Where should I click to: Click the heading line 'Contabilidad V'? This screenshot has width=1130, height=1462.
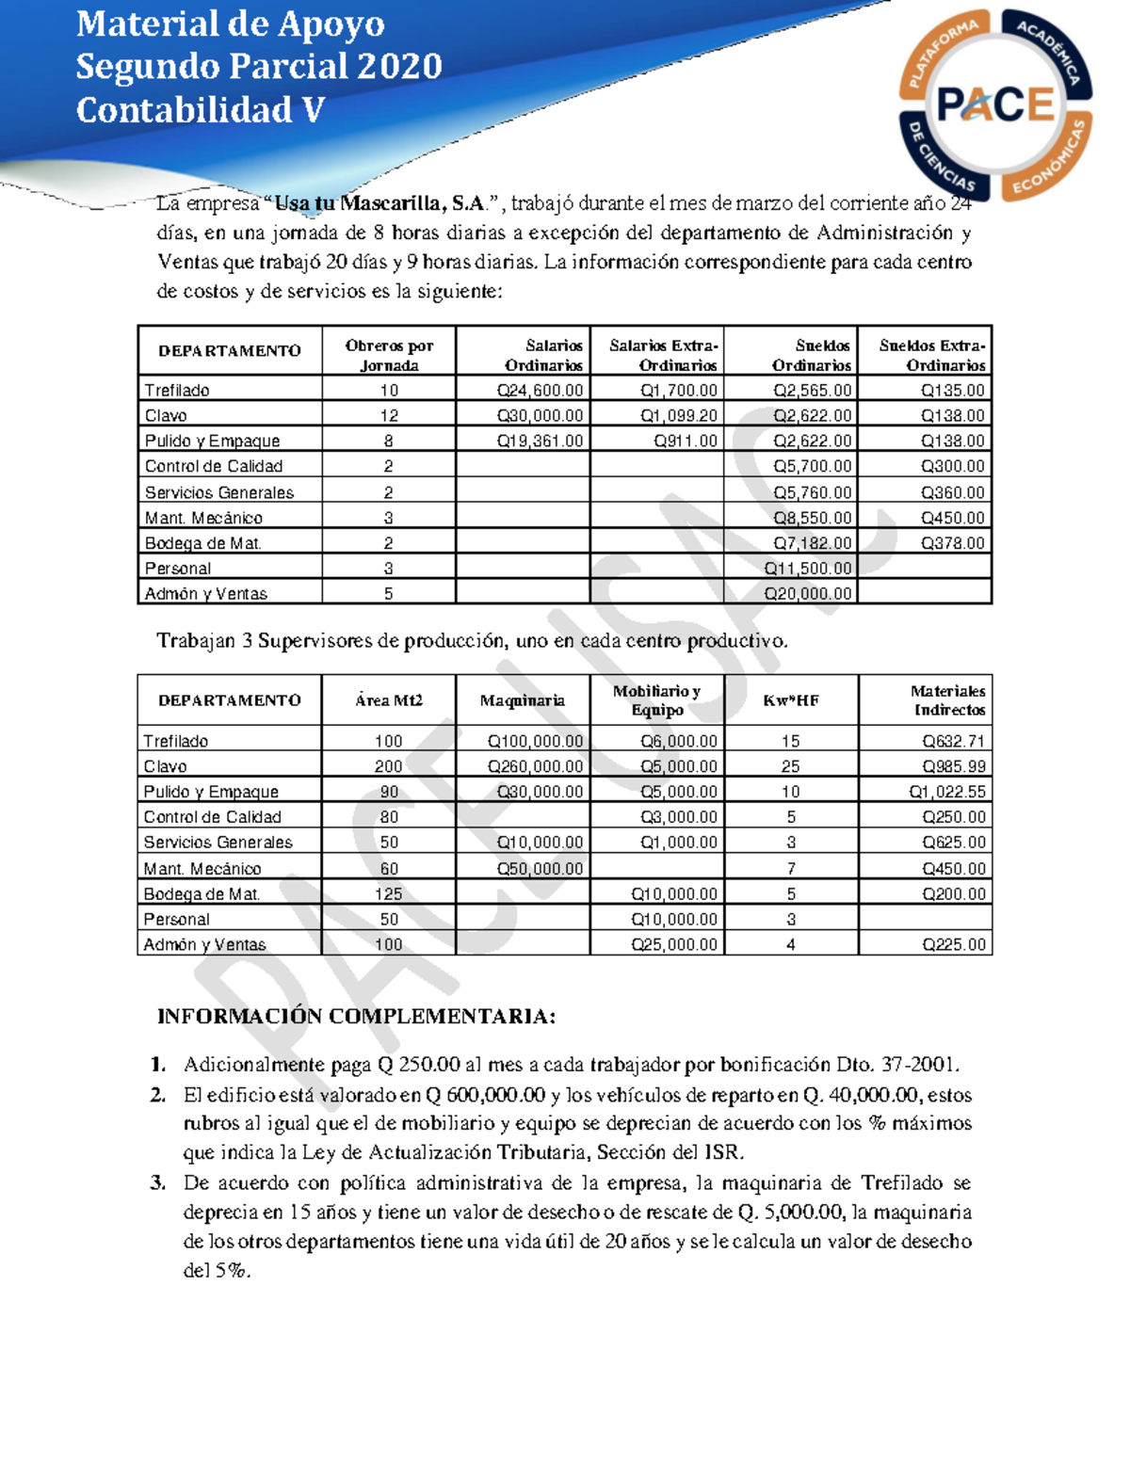point(201,110)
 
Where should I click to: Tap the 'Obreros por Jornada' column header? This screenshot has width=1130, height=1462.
point(389,355)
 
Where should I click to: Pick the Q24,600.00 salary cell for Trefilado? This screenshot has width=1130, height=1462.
point(540,391)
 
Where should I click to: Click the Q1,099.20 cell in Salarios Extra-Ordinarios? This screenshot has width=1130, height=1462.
point(678,416)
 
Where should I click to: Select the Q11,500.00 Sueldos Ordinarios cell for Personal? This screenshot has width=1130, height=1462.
point(807,569)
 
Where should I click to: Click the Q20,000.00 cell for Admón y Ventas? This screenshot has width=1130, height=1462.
point(807,594)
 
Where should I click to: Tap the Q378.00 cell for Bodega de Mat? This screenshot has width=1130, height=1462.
point(952,543)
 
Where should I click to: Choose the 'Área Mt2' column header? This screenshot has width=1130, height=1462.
point(389,700)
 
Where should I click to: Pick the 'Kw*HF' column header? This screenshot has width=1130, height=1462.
point(791,700)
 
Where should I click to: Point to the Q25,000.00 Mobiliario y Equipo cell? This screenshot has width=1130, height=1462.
point(673,945)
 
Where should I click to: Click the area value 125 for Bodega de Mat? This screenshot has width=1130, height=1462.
point(388,894)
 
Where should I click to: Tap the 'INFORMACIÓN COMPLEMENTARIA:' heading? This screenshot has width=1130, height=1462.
point(356,1017)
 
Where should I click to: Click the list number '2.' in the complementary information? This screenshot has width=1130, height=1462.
point(158,1095)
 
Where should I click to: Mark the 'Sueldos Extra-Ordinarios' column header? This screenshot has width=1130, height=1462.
point(932,355)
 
